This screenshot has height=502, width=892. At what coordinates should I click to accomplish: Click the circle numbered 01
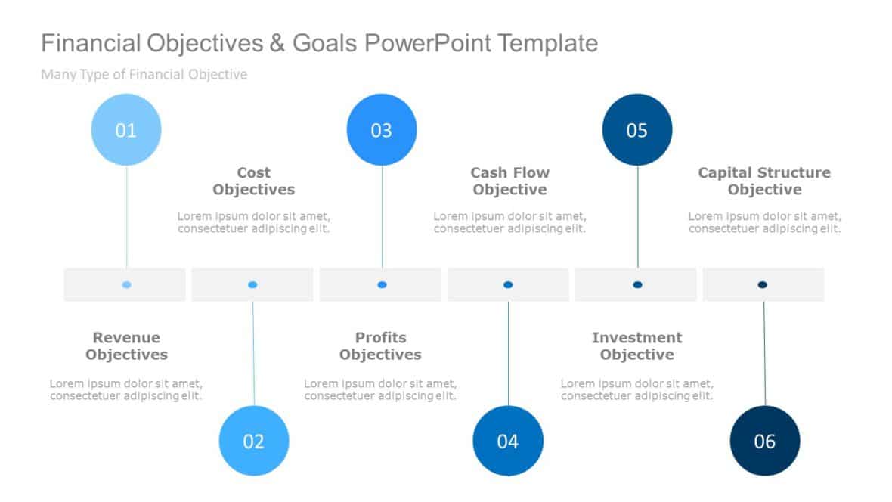[126, 130]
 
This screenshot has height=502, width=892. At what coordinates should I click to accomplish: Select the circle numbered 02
[254, 441]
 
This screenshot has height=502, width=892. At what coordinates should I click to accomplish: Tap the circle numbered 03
[382, 130]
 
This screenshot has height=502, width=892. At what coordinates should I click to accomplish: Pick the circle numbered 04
[508, 441]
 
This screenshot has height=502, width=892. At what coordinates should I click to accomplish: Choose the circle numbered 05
[637, 130]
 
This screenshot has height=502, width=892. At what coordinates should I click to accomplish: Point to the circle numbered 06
[764, 441]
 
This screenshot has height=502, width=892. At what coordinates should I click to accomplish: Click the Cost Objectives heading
[254, 181]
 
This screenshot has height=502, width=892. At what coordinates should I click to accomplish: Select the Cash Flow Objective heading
[509, 181]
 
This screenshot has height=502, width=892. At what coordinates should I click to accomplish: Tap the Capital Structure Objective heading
[764, 181]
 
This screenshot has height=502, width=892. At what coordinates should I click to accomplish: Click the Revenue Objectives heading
[126, 346]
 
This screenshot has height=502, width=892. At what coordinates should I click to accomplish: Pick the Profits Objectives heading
[380, 346]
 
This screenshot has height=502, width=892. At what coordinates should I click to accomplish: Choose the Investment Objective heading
[636, 346]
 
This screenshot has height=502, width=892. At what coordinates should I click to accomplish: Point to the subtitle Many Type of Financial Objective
[144, 74]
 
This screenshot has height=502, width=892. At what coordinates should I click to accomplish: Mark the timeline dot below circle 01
[126, 284]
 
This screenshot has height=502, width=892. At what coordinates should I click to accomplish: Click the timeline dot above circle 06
[762, 284]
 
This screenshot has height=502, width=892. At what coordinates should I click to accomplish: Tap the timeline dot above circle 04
[508, 284]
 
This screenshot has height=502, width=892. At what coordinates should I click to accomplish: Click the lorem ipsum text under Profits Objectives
[380, 389]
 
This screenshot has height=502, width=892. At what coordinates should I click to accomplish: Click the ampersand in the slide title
[277, 43]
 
